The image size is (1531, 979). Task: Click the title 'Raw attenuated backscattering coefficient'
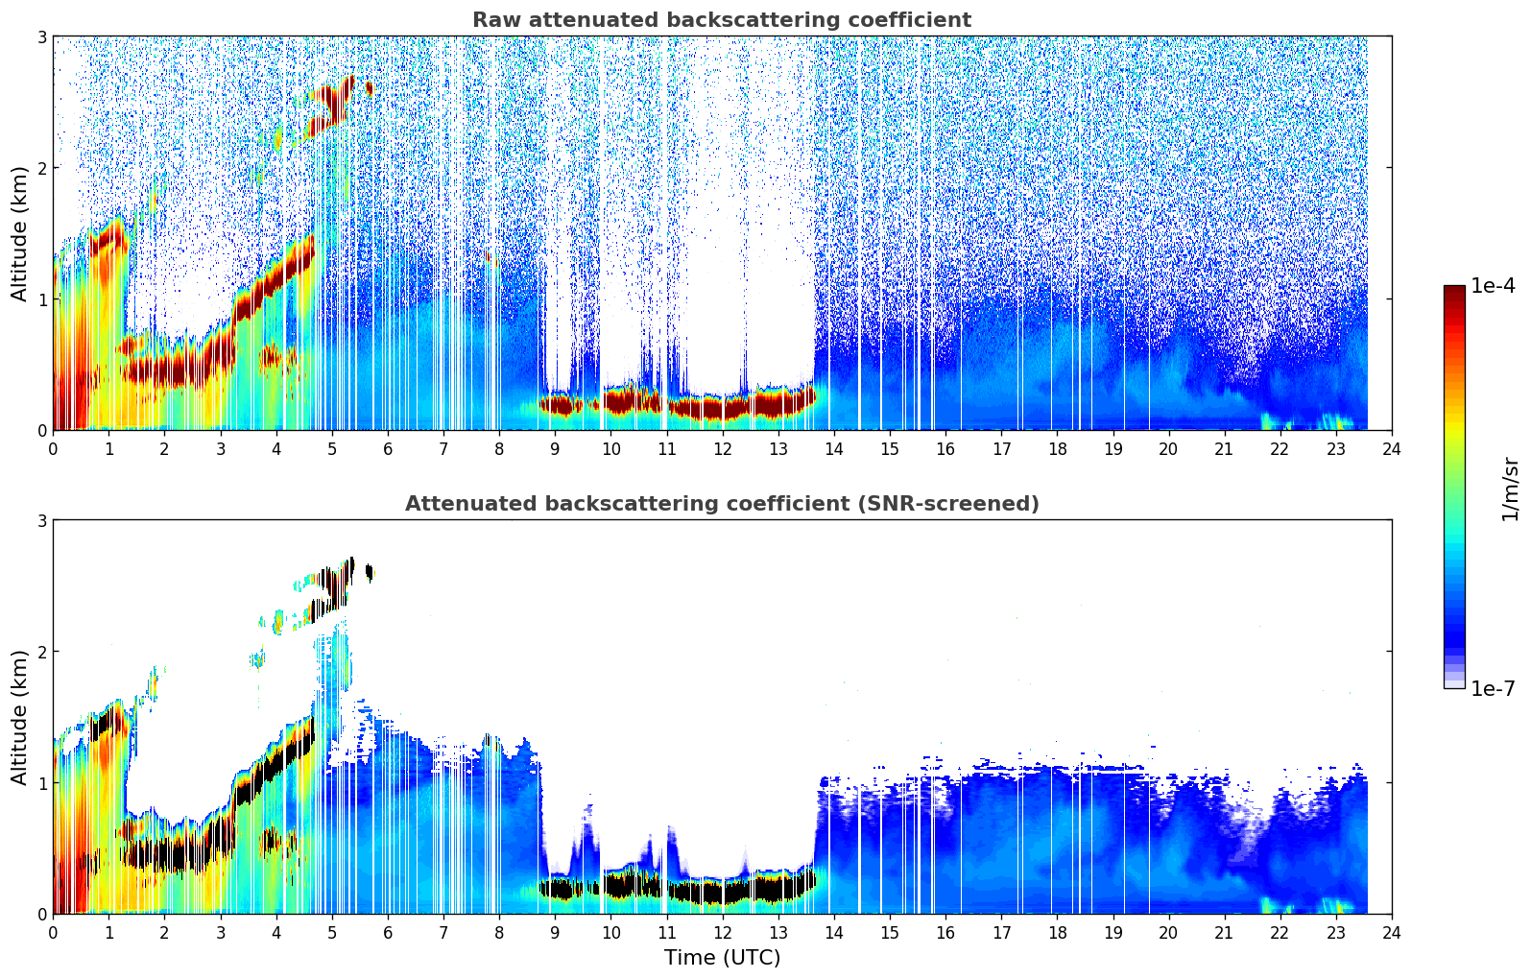tap(721, 20)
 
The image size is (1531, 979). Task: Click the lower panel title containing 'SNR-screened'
tap(721, 504)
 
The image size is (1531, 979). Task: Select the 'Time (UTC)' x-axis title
tap(722, 958)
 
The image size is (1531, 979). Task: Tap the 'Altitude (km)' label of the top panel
tap(20, 233)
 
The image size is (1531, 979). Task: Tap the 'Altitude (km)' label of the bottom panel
tap(20, 717)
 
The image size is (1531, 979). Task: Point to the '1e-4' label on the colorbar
tap(1493, 286)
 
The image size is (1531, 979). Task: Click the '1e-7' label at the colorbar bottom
tap(1493, 688)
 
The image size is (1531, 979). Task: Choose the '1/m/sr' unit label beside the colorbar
tap(1510, 489)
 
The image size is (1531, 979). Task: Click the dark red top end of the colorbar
tap(1453, 290)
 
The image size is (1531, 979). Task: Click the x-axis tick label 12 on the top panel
tap(722, 449)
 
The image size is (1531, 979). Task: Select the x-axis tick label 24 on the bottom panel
tap(1391, 933)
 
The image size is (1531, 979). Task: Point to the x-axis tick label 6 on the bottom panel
tap(388, 933)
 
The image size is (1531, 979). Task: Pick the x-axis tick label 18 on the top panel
tap(1057, 449)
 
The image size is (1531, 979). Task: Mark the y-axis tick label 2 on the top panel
tap(42, 168)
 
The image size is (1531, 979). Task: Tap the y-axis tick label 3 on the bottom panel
tap(42, 521)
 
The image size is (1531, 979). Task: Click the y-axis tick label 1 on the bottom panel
tap(42, 783)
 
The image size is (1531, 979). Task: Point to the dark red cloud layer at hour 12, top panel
tap(722, 408)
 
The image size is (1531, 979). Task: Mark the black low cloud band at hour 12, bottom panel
tap(722, 892)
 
